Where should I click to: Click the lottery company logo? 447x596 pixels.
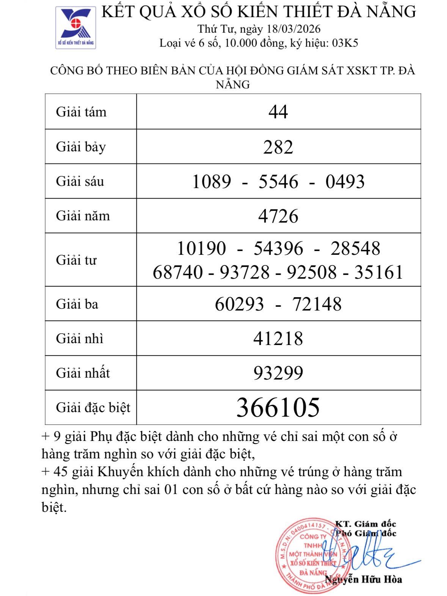[x=75, y=27]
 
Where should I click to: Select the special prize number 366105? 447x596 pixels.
[x=278, y=408]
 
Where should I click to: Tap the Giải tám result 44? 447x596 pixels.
[x=278, y=112]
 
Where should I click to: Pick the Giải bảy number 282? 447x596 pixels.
[x=278, y=147]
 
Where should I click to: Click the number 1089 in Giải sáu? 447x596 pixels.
[x=212, y=182]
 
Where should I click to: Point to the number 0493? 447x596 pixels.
[x=345, y=182]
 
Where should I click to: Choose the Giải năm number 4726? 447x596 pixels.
[x=278, y=216]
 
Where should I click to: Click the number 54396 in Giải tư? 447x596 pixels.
[x=278, y=249]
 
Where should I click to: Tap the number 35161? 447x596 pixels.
[x=378, y=272]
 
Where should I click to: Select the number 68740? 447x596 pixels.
[x=177, y=272]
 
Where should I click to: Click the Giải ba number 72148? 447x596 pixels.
[x=317, y=304]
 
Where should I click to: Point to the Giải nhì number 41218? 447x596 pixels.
[x=278, y=339]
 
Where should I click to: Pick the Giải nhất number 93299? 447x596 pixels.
[x=278, y=373]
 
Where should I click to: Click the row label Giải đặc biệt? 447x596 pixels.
[x=93, y=408]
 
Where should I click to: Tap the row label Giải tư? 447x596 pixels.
[x=76, y=260]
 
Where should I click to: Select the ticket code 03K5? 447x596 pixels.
[x=345, y=43]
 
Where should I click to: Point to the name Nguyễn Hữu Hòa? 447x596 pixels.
[x=363, y=579]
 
